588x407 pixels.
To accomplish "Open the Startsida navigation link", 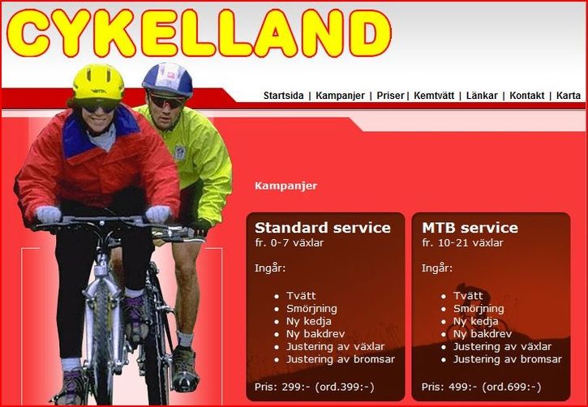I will [283, 96].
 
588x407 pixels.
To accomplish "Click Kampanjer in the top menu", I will [340, 96].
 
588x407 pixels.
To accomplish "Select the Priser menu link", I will [390, 96].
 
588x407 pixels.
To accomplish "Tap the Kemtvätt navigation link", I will [436, 96].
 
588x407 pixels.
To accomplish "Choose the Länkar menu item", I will [482, 96].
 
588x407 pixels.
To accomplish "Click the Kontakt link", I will [526, 96].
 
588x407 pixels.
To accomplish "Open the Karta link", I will [568, 96].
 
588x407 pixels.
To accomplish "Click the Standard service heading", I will [323, 228].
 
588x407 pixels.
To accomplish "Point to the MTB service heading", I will [470, 228].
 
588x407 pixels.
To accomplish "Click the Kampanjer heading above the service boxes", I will [285, 186].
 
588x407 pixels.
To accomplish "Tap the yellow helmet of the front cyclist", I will [98, 82].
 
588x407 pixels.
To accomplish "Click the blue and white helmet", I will [168, 77].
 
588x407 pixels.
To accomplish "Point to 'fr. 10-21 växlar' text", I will [462, 242].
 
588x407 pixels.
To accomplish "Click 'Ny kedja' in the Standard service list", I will [308, 321].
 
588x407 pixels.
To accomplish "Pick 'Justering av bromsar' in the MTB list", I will [507, 359].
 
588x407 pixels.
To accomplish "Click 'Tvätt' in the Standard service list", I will [301, 296].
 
